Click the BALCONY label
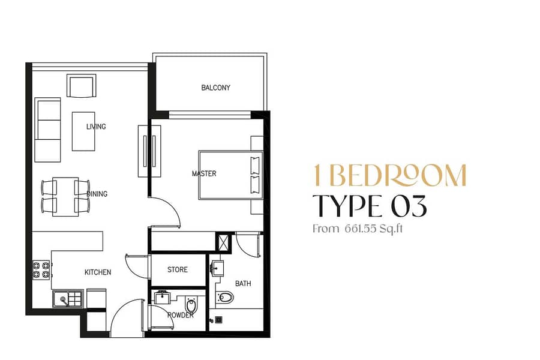click(x=215, y=88)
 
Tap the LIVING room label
click(x=96, y=127)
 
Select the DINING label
click(x=97, y=194)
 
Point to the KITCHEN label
click(x=98, y=272)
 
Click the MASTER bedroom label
click(x=204, y=173)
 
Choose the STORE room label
click(x=178, y=269)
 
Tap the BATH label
click(x=243, y=284)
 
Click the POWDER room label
click(x=181, y=315)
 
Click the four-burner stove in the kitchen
click(x=41, y=270)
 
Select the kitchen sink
click(x=68, y=298)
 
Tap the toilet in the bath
click(x=225, y=296)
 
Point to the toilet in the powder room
click(x=191, y=305)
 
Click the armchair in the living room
click(x=81, y=86)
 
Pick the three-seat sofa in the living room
click(x=48, y=130)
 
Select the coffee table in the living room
click(x=83, y=131)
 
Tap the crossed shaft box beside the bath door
click(x=223, y=241)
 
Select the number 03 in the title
click(x=409, y=206)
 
